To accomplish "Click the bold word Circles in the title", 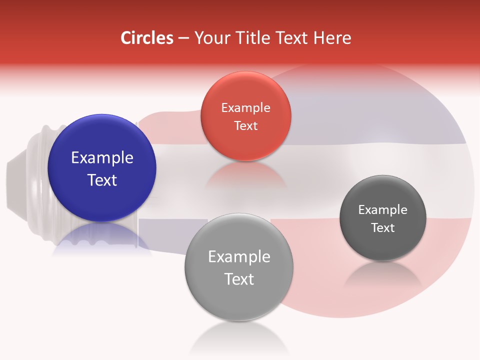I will coord(147,38).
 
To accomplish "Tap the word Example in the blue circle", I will coord(102,158).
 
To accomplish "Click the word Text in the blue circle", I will coord(102,180).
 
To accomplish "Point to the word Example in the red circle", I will coord(245,108).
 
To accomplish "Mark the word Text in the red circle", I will coord(245,125).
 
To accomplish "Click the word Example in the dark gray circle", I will coord(382,210).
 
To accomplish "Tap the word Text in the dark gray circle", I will coord(382,228).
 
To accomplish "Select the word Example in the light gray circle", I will coord(239,257).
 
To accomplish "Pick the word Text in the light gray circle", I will coord(239,279).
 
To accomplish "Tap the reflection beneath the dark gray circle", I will coord(382,275).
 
